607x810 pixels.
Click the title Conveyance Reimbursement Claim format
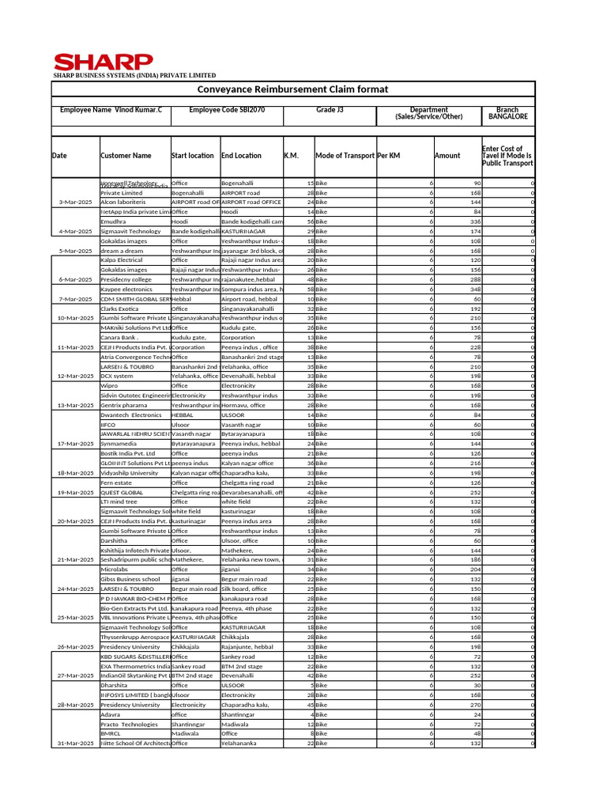coord(292,89)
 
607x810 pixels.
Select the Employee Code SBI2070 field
coord(227,110)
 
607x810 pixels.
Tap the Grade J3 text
coord(330,110)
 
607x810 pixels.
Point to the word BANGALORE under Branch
coord(507,116)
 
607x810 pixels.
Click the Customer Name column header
coord(126,156)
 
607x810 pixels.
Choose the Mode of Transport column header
coord(345,156)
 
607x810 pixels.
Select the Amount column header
coord(447,156)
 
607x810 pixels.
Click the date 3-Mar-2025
coord(76,202)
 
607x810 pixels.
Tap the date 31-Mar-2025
coord(76,744)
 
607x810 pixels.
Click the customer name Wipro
coord(109,386)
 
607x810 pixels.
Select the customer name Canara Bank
coord(119,338)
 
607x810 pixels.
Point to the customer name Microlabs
coord(115,570)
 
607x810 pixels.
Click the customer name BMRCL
coord(111,733)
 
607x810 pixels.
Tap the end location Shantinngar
coord(238,714)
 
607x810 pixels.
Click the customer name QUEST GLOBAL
coord(122,492)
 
